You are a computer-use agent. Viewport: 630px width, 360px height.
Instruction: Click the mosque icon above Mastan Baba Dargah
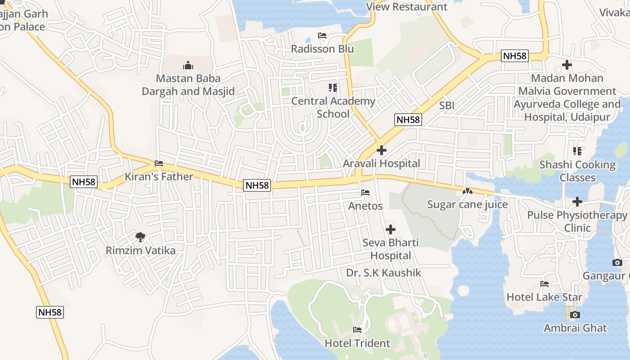coord(188,66)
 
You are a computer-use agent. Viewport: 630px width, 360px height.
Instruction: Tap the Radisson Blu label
coord(322,49)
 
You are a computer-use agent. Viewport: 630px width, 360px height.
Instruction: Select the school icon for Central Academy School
coord(333,88)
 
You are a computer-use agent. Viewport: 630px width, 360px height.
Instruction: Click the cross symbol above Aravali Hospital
coord(382,150)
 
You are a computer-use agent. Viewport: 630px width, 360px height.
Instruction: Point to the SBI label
coord(446,106)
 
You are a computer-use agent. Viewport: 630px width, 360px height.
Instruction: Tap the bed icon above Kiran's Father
coord(158,163)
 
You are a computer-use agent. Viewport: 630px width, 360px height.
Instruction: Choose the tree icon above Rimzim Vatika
coord(140,237)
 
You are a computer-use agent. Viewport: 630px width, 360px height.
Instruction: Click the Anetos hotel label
coord(365,206)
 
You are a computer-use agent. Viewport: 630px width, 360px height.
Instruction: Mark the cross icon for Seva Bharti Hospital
coord(391,230)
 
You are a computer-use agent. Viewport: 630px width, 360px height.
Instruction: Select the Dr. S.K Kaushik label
coord(383,273)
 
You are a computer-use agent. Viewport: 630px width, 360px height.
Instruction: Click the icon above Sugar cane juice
coord(467,191)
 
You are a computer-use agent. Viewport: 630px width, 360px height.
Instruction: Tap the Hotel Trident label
coord(357,343)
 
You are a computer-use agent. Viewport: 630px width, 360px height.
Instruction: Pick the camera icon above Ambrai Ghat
coord(575,315)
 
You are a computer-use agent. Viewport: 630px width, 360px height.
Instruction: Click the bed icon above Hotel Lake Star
coord(544,284)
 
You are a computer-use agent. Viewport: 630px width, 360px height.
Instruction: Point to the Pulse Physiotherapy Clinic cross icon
coord(577,202)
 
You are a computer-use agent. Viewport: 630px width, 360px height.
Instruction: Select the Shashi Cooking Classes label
coord(577,171)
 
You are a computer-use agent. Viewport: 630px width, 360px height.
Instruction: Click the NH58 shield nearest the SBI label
coord(408,120)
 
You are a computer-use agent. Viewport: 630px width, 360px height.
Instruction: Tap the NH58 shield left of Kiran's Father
coord(84,182)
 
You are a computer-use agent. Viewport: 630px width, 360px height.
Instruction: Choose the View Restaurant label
coord(407,7)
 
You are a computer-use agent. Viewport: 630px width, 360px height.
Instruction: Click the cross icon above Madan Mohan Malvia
coord(567,65)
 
